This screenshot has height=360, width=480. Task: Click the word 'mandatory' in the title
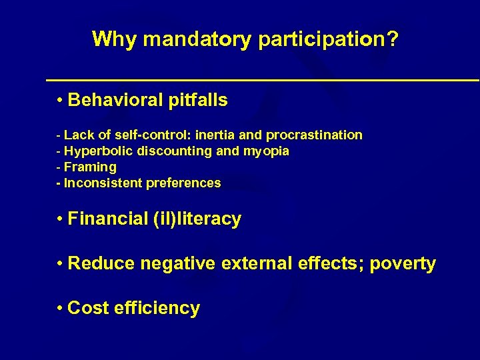(x=197, y=39)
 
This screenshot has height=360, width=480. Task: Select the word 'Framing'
(x=90, y=167)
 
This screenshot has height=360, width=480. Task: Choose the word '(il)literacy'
(x=200, y=219)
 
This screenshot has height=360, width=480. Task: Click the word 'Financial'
(x=109, y=219)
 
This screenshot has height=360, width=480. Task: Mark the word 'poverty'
(x=403, y=264)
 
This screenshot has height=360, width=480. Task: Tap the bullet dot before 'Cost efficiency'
(x=60, y=308)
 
